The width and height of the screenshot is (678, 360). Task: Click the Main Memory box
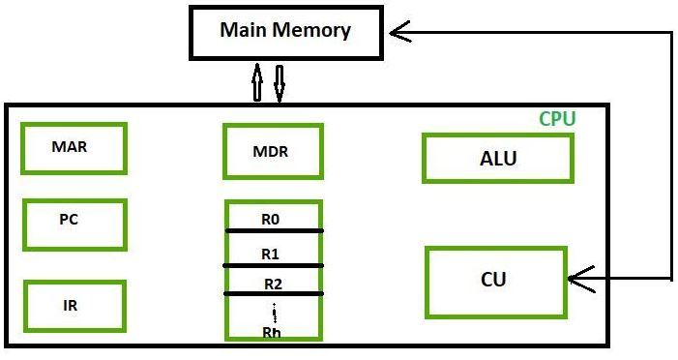coord(284,32)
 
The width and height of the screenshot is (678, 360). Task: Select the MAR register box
coord(74,148)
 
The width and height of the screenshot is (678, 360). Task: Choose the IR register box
coord(74,305)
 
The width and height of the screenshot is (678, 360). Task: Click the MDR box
coord(272,152)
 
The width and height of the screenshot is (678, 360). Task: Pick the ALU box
coord(497,159)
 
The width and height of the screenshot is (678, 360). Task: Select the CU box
coord(494,281)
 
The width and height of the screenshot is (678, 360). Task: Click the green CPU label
coord(557,119)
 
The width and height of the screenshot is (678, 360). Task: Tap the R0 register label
coord(271,220)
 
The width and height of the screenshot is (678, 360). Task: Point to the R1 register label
coord(271,254)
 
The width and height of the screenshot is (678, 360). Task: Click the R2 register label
coord(274,285)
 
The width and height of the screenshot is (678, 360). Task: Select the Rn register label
coord(272,332)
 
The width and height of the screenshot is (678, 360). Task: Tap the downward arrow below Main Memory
coord(280,83)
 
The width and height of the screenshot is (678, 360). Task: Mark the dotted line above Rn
coord(275,313)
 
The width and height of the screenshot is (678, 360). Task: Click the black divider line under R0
coord(274,231)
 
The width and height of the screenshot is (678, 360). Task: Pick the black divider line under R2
coord(274,293)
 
